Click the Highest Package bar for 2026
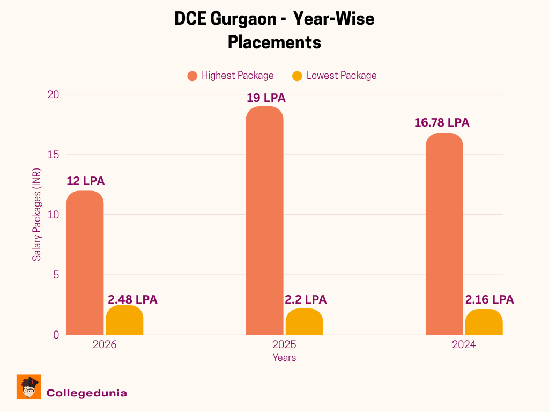click(85, 263)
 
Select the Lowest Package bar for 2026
click(124, 320)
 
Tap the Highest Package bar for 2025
click(264, 220)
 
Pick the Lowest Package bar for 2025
click(304, 322)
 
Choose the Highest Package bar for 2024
click(444, 234)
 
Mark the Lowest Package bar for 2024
click(484, 322)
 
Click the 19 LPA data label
click(266, 98)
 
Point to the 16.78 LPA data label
click(442, 123)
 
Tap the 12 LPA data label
click(86, 181)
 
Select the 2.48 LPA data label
click(133, 300)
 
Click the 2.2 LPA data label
click(306, 300)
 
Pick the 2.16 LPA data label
click(489, 300)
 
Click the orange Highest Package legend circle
click(192, 76)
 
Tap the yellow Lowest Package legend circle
click(298, 76)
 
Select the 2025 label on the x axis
click(284, 344)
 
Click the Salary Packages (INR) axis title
click(36, 215)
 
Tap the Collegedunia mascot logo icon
click(29, 387)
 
